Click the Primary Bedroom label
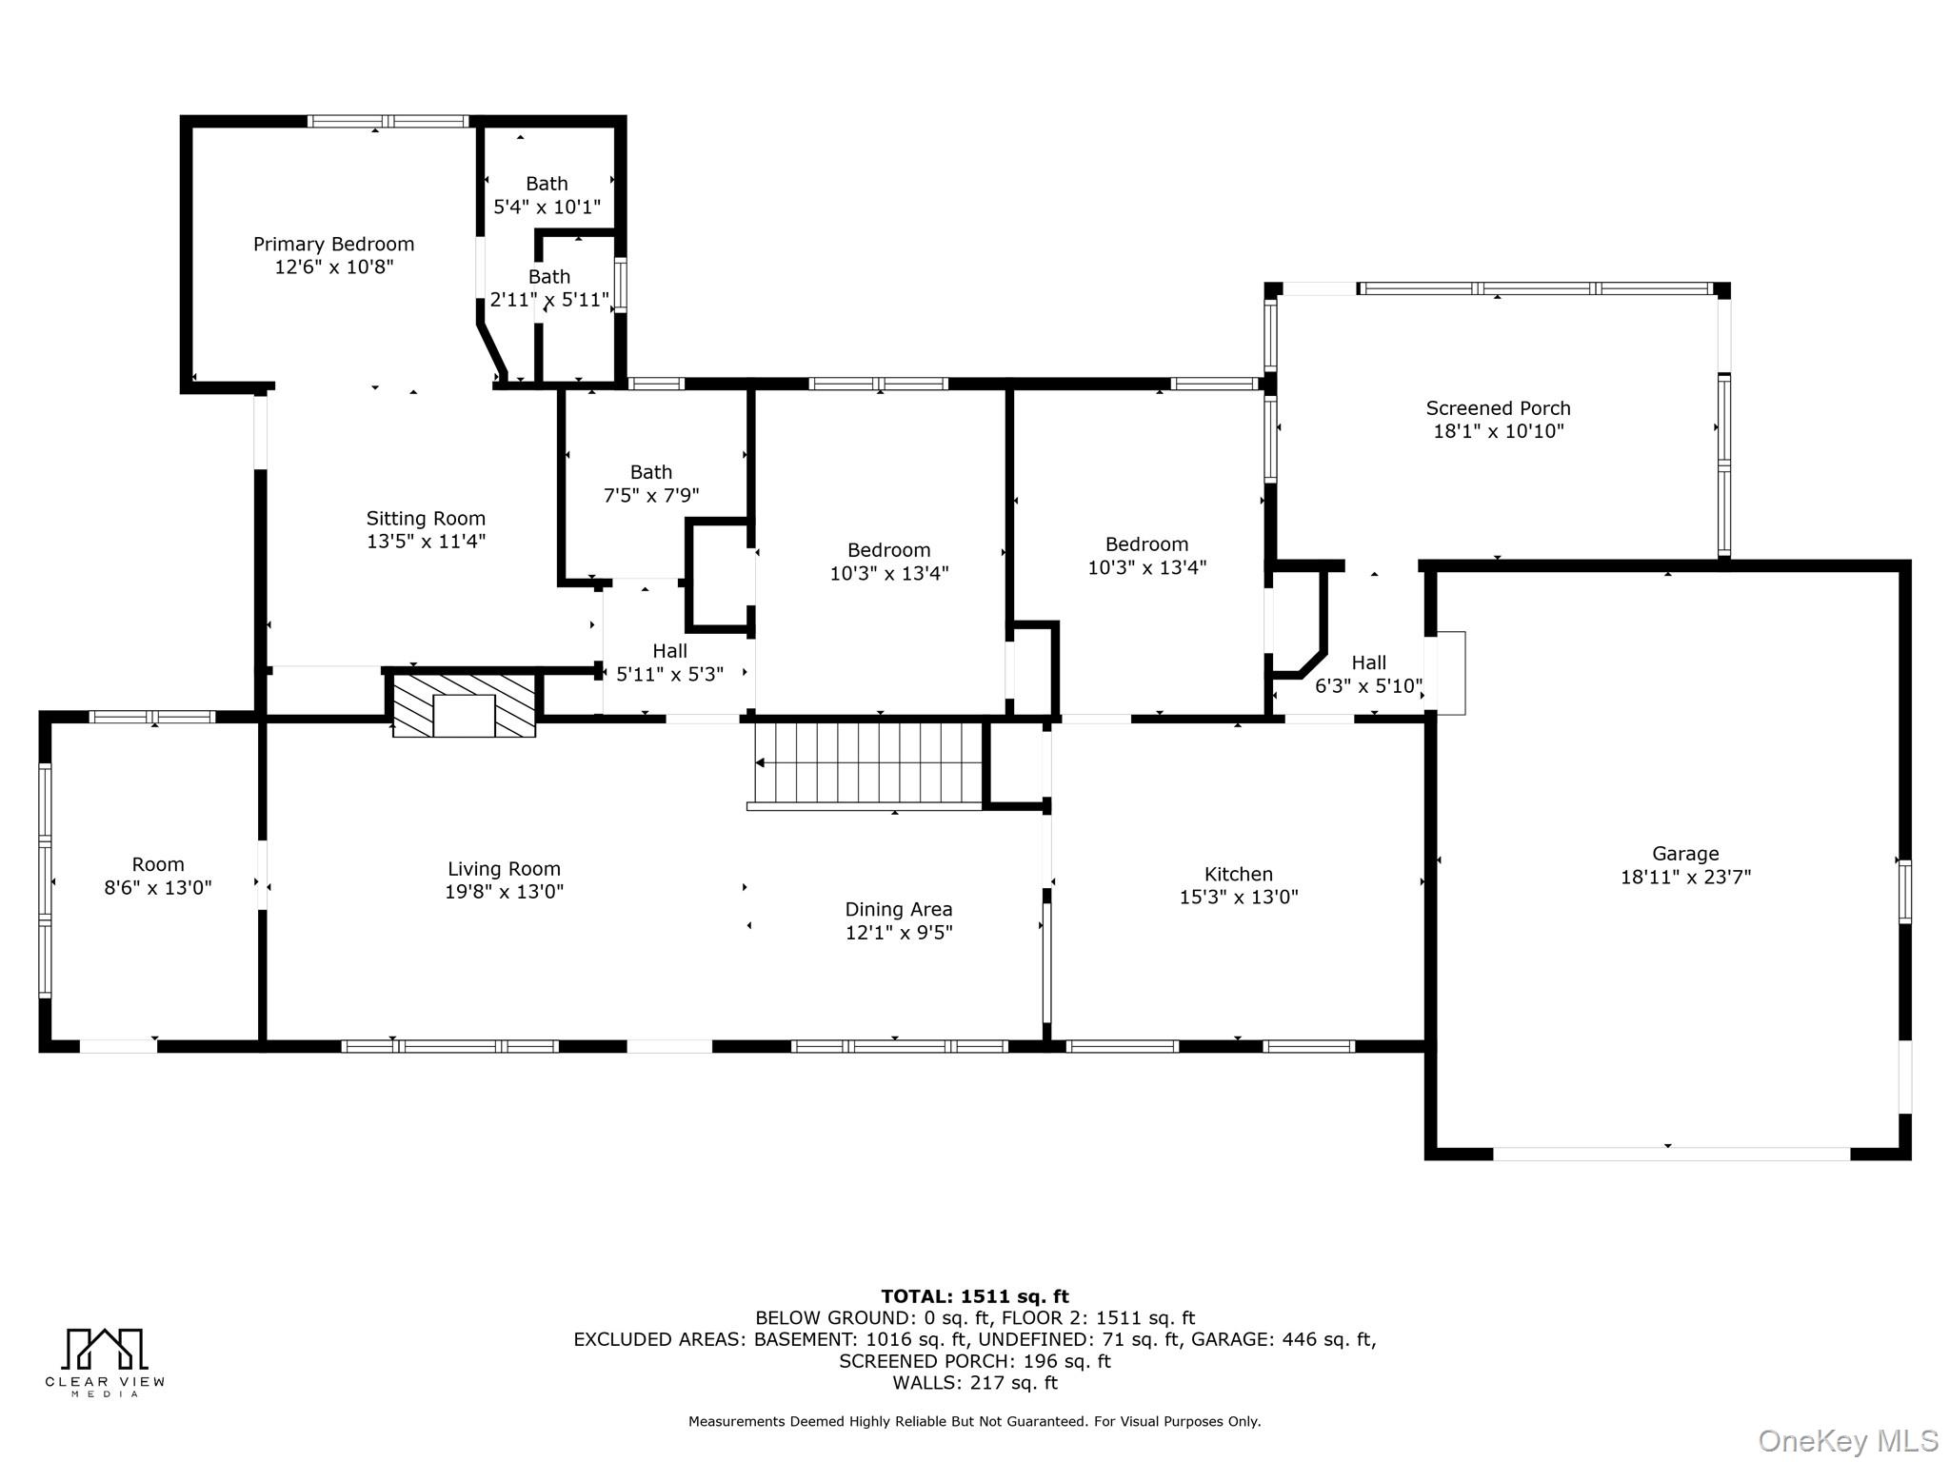click(x=333, y=245)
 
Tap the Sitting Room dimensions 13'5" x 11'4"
click(x=426, y=542)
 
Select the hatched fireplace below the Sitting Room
click(x=464, y=705)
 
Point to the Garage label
click(x=1685, y=854)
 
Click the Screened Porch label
click(x=1498, y=408)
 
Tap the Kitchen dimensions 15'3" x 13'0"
click(x=1238, y=897)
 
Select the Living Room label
click(x=504, y=869)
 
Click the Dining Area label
click(x=898, y=909)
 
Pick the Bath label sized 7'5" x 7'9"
click(x=651, y=472)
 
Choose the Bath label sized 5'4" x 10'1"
click(x=547, y=184)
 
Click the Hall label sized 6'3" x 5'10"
click(x=1368, y=662)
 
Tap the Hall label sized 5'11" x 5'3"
click(x=669, y=651)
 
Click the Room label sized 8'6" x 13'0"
click(x=158, y=864)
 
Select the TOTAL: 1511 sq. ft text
click(x=974, y=1296)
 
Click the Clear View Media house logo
click(x=105, y=1350)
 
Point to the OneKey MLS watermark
click(x=1847, y=1440)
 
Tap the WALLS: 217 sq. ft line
click(x=974, y=1383)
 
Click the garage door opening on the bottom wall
click(x=1671, y=1154)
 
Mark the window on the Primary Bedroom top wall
click(x=388, y=121)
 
